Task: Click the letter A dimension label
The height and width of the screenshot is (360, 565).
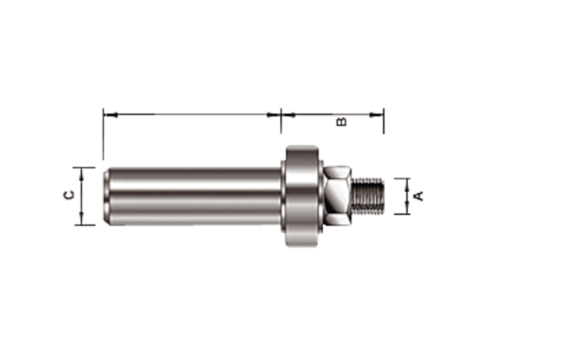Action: coord(419,195)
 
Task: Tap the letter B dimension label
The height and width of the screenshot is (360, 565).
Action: coord(342,121)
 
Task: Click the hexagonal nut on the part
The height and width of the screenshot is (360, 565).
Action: coord(336,195)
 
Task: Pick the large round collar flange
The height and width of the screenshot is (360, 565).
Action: coord(302,195)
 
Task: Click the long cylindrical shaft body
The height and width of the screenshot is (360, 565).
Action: coord(193,195)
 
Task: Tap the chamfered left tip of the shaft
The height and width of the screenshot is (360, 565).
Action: coord(106,195)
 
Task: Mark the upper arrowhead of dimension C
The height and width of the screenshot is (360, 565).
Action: coord(82,173)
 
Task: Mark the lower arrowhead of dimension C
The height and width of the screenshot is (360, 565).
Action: coord(82,219)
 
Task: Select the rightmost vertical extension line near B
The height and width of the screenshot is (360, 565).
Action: coord(383,124)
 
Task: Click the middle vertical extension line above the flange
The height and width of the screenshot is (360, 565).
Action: coord(281,124)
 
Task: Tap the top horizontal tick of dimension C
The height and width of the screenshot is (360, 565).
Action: coord(84,167)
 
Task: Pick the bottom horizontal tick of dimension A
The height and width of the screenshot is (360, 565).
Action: coord(402,214)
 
